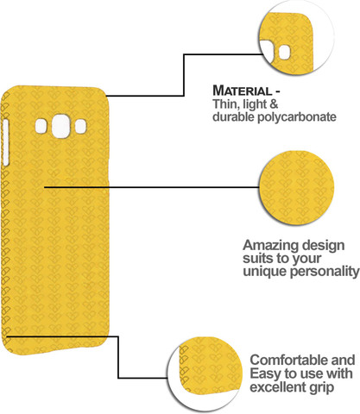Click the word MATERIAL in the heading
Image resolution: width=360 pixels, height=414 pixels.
click(242, 91)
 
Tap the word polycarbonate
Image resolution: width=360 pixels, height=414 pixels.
click(297, 117)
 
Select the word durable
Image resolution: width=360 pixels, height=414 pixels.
click(233, 116)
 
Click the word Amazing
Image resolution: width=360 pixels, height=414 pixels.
click(266, 246)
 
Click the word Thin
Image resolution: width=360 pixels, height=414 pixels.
click(226, 103)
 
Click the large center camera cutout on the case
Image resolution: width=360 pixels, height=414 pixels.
click(61, 126)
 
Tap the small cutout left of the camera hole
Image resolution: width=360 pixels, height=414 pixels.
click(41, 126)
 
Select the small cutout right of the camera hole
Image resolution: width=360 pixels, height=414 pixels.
click(80, 127)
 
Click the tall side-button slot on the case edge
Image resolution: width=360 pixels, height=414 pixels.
click(5, 142)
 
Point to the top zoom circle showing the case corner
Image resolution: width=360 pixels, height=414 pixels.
click(296, 37)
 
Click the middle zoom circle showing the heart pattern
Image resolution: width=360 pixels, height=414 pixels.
click(297, 187)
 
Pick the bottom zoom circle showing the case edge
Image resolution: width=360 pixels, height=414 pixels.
click(205, 374)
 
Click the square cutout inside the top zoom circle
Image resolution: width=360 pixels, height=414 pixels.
click(285, 52)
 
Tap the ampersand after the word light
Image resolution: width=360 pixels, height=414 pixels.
click(274, 104)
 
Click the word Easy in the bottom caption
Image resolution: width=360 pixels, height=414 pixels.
click(265, 373)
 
